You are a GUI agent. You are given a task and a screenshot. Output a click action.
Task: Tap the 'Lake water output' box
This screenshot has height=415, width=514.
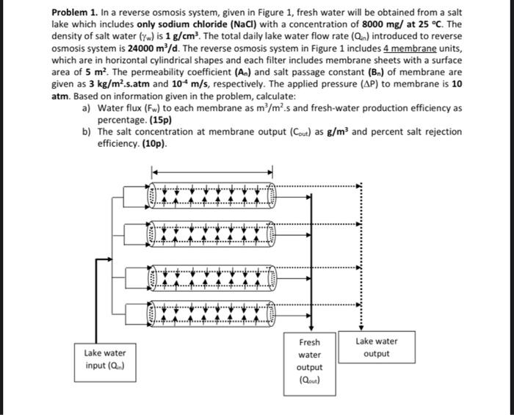coord(376,348)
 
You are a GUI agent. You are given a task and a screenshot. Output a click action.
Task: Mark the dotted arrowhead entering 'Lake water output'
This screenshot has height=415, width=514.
coord(358,326)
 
